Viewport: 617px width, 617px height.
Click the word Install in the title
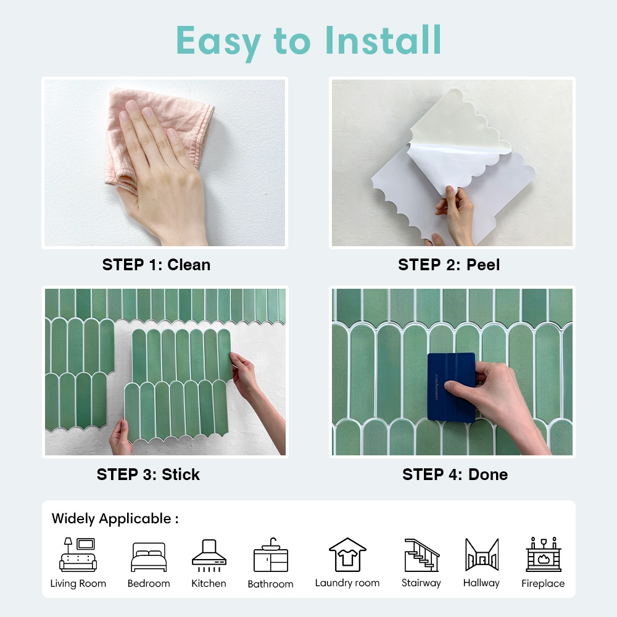[x=383, y=40]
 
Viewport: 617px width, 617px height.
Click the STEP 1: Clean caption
[x=156, y=265]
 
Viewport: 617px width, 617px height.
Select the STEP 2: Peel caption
[x=449, y=265]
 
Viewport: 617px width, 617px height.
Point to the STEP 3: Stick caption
[x=148, y=474]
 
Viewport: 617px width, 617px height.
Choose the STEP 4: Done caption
[x=455, y=474]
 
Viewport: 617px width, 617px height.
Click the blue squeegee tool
[x=452, y=387]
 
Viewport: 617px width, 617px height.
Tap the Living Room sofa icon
[x=78, y=555]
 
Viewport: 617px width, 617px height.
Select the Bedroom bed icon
[x=149, y=557]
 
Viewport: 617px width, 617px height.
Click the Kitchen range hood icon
[x=209, y=555]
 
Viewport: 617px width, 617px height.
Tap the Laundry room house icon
[x=347, y=555]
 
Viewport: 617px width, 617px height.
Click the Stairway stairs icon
[x=421, y=555]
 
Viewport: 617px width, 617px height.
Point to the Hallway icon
[x=482, y=555]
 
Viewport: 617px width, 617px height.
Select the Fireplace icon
[x=544, y=554]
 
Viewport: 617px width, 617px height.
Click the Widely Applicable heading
[x=115, y=519]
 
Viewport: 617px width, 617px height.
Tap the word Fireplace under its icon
[x=543, y=583]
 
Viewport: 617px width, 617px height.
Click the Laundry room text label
[x=347, y=583]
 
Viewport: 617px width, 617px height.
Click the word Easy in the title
[x=218, y=42]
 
